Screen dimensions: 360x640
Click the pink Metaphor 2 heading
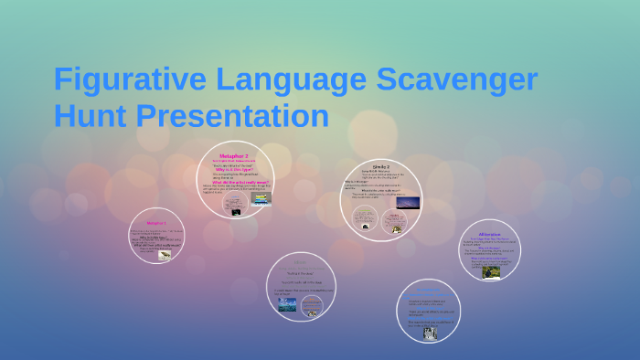pos(234,156)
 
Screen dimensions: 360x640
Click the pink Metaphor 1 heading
pos(156,223)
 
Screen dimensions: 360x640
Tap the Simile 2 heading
pos(380,166)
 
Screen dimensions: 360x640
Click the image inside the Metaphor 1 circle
pos(165,256)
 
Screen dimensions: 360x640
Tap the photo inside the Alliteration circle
pos(491,272)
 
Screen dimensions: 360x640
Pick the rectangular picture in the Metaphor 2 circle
pos(261,197)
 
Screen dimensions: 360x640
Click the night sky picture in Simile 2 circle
pos(406,202)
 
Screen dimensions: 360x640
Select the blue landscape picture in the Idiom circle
pos(286,304)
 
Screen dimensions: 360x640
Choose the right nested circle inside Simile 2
pos(395,222)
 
